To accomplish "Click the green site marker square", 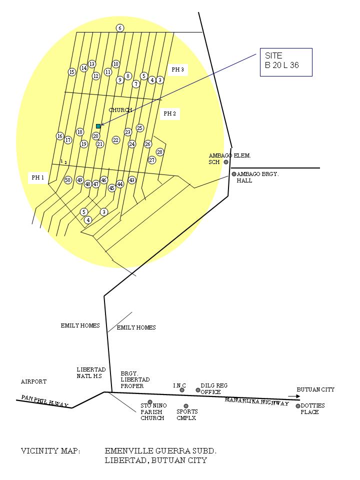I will click(98, 126).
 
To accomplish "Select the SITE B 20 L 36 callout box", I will click(286, 62).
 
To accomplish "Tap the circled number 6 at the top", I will click(120, 28).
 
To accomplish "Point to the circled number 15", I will click(72, 72).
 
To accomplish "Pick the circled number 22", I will click(116, 140).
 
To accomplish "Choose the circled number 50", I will click(68, 180).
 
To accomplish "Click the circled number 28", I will click(160, 152).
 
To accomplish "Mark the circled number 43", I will click(132, 180).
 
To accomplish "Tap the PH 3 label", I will click(177, 69).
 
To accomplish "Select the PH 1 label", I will click(38, 177).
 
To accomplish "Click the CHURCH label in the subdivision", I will click(120, 110).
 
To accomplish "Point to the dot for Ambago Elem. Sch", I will click(226, 162).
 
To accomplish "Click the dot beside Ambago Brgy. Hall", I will click(233, 174).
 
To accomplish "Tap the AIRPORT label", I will click(33, 381).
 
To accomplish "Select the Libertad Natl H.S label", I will click(91, 372).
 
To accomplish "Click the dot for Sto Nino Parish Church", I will click(150, 402).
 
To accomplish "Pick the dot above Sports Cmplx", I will click(186, 406).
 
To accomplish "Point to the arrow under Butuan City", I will click(293, 396).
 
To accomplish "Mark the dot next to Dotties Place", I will click(298, 406).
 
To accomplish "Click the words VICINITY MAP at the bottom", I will click(50, 451).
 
